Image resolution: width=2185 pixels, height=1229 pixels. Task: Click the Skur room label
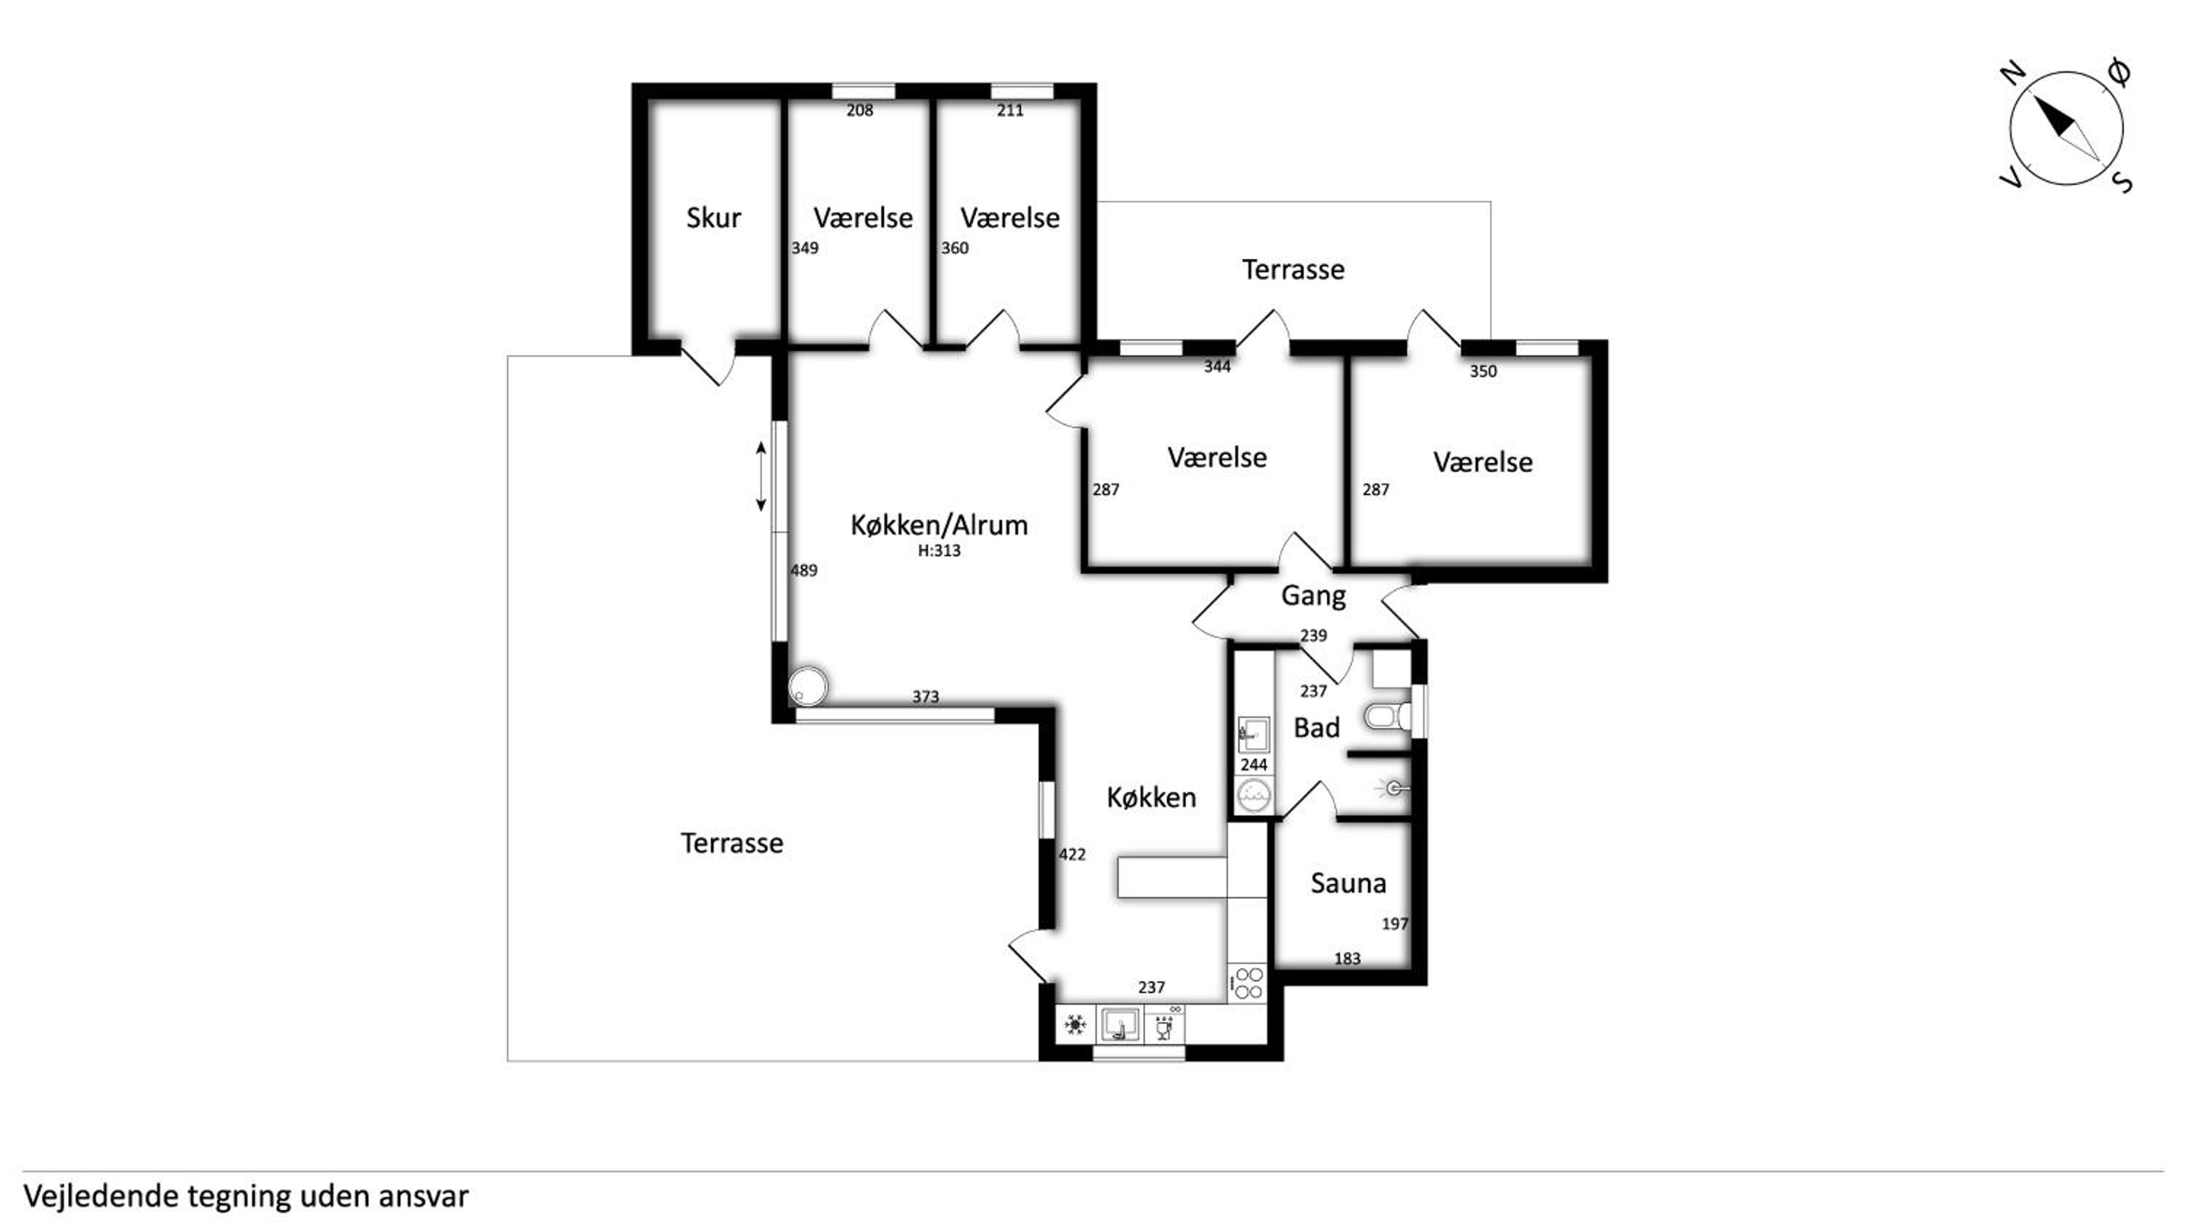click(713, 218)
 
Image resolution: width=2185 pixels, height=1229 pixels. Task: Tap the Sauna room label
click(1348, 883)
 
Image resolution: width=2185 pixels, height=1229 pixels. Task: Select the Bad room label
click(1316, 728)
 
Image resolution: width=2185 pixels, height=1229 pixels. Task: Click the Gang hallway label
click(1313, 596)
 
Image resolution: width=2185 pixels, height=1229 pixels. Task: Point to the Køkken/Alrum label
click(939, 525)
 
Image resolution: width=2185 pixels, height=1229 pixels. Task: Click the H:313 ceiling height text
click(939, 550)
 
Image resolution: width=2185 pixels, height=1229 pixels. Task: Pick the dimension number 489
click(804, 571)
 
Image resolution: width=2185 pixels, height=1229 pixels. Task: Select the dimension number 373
click(926, 696)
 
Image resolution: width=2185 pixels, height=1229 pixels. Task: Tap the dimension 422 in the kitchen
click(1072, 854)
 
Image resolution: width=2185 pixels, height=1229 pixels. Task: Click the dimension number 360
click(954, 248)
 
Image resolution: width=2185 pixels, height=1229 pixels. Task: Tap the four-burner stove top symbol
click(1248, 984)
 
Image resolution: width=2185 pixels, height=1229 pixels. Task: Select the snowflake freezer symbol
click(1076, 1025)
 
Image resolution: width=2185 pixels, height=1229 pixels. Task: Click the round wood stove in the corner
click(808, 686)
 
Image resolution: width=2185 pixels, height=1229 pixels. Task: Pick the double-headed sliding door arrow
click(761, 477)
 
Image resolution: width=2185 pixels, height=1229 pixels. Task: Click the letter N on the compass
click(2014, 75)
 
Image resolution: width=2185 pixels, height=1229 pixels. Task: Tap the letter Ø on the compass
click(2118, 72)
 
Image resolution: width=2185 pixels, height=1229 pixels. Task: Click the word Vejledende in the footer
click(101, 1196)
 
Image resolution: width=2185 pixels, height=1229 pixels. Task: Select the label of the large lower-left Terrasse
click(732, 843)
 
